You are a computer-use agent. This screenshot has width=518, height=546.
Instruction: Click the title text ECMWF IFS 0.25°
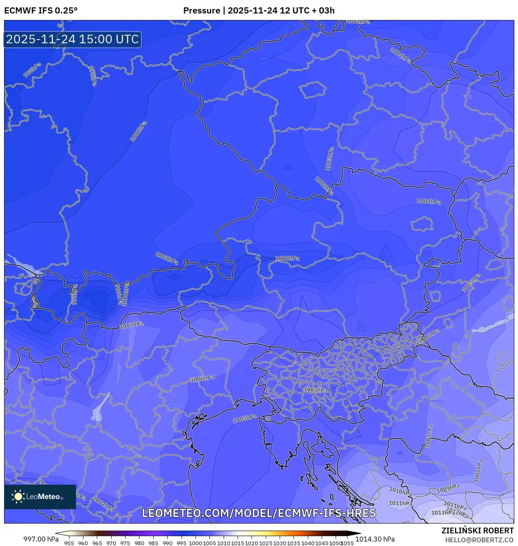click(41, 11)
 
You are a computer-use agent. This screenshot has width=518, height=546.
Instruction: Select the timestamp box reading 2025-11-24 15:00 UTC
click(72, 40)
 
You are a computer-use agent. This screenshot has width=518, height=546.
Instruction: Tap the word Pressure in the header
click(202, 11)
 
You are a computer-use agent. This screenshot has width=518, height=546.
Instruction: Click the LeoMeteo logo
click(40, 497)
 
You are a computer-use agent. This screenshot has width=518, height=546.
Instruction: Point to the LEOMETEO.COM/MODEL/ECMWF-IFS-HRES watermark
click(259, 513)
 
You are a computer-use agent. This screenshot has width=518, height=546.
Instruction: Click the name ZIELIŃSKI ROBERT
click(477, 530)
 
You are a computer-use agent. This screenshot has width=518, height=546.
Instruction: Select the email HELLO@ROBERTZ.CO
click(479, 540)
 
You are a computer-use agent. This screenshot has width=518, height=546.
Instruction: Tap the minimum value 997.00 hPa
click(41, 539)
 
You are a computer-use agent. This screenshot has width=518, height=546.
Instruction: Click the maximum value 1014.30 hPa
click(375, 539)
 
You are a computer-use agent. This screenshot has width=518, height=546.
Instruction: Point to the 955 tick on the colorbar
click(69, 543)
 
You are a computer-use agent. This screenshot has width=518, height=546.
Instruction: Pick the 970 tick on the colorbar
click(111, 543)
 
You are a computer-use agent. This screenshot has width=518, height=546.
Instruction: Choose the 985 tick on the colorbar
click(153, 543)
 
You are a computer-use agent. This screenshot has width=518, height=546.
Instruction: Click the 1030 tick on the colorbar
click(280, 543)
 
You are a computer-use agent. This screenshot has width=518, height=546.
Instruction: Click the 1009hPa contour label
click(448, 488)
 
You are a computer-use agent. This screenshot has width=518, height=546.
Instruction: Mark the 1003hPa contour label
click(330, 158)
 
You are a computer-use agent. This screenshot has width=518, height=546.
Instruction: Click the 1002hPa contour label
click(324, 186)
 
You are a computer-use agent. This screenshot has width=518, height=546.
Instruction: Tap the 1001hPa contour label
click(167, 258)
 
